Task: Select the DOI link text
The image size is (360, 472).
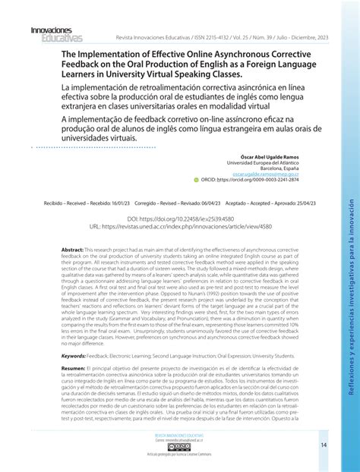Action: click(x=180, y=217)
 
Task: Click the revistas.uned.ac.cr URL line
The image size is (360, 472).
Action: click(x=180, y=226)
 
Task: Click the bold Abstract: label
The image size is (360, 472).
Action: click(x=72, y=249)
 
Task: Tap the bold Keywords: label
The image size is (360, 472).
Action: click(x=74, y=355)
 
